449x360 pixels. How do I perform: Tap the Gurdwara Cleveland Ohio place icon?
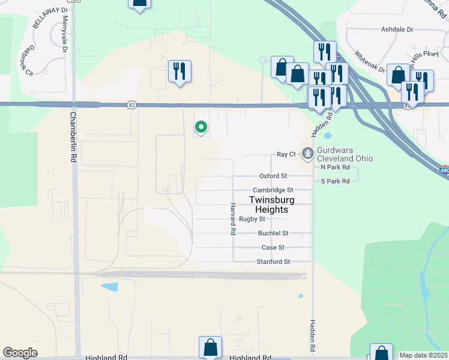(308, 154)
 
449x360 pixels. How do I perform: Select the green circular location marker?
(201, 127)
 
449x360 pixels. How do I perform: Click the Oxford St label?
(273, 176)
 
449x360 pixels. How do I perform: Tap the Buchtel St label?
(273, 233)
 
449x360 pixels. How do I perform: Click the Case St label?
(273, 247)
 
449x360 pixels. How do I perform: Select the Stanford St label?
(273, 262)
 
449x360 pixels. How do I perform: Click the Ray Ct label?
(286, 154)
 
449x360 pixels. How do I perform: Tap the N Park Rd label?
(335, 167)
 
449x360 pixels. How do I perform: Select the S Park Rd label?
(335, 181)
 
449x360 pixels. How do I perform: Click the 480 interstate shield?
(443, 171)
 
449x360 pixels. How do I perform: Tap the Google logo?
(20, 353)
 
